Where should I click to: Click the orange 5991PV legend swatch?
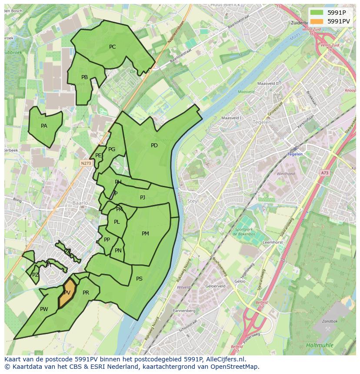[317, 21]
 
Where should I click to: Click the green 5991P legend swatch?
[317, 12]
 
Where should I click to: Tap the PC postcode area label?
[112, 47]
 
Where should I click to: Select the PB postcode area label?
[84, 77]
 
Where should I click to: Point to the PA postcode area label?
[44, 126]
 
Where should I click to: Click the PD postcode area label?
[154, 146]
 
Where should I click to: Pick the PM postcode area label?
[145, 234]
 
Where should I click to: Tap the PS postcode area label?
[139, 279]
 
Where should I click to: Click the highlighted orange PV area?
[67, 293]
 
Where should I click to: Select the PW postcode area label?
[44, 309]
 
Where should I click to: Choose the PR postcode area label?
[86, 293]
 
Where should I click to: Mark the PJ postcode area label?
[143, 198]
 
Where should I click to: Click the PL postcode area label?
[117, 222]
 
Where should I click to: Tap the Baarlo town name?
[80, 203]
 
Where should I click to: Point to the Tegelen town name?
[262, 122]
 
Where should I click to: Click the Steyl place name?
[193, 201]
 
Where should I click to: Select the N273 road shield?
[86, 163]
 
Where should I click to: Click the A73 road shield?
[325, 173]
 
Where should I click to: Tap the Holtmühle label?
[319, 345]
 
